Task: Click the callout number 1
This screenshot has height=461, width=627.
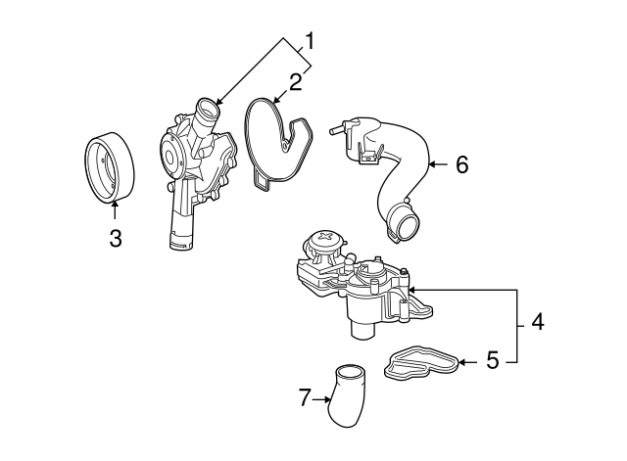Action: [310, 41]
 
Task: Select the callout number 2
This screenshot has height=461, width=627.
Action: [293, 81]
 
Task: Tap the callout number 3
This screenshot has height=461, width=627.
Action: [116, 238]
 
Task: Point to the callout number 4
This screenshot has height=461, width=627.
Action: [538, 321]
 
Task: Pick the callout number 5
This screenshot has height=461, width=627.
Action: [493, 361]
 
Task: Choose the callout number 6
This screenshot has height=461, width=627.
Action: [461, 164]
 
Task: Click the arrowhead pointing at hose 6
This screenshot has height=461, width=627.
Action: [432, 165]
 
